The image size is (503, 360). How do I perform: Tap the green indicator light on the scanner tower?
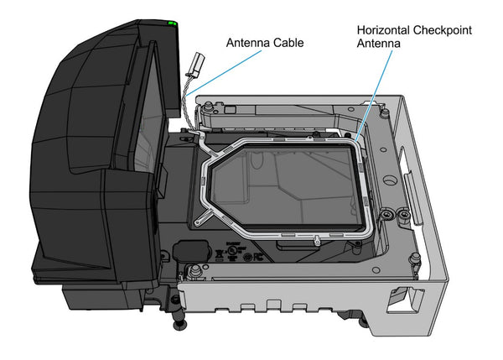(x=173, y=23)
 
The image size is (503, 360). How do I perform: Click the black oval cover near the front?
(x=191, y=252)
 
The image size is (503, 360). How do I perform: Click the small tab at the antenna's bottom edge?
(x=319, y=241)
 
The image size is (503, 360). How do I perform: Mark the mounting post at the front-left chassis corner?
(x=194, y=272)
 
